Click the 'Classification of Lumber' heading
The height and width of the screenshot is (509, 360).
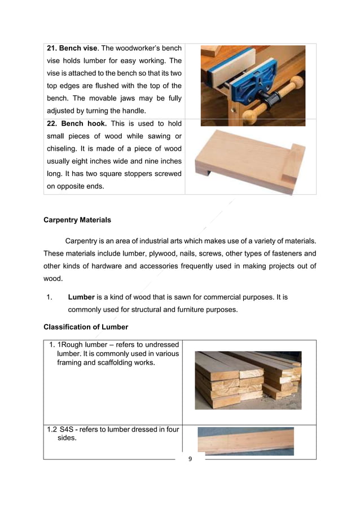tap(86, 327)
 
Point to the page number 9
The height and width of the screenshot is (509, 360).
tap(190, 459)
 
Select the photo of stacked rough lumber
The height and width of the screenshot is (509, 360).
tap(248, 380)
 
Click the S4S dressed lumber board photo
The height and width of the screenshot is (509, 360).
tap(245, 441)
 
